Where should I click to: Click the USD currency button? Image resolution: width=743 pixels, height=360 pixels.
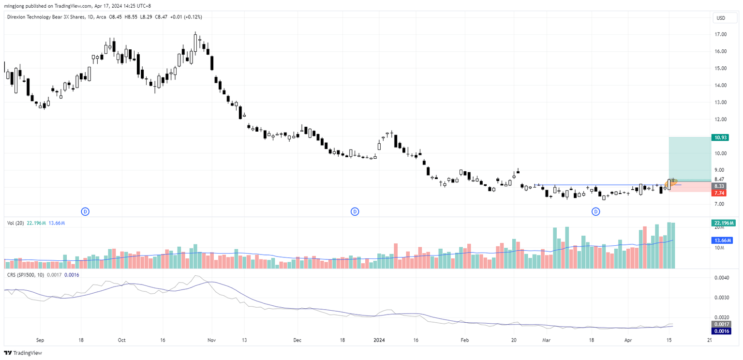point(720,18)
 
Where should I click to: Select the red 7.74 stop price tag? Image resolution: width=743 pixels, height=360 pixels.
point(719,193)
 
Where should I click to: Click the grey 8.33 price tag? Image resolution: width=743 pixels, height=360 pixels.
point(719,186)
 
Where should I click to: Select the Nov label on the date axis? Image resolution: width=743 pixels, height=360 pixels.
point(211,340)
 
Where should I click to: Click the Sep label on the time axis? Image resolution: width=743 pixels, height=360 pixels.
point(40,340)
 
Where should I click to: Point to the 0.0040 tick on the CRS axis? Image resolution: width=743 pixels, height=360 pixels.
point(722,278)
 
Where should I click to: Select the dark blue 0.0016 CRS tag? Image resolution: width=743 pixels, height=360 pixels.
point(721,331)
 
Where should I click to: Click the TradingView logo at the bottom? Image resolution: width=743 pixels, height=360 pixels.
point(23,353)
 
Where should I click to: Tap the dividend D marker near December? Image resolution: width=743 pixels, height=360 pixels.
point(355,211)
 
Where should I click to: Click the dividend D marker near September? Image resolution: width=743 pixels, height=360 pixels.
point(85,211)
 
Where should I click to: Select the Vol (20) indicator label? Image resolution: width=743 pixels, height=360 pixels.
point(16,223)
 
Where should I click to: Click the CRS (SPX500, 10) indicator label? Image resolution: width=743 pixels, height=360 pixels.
point(30,275)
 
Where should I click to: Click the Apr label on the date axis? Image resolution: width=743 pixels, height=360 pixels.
point(628,340)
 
